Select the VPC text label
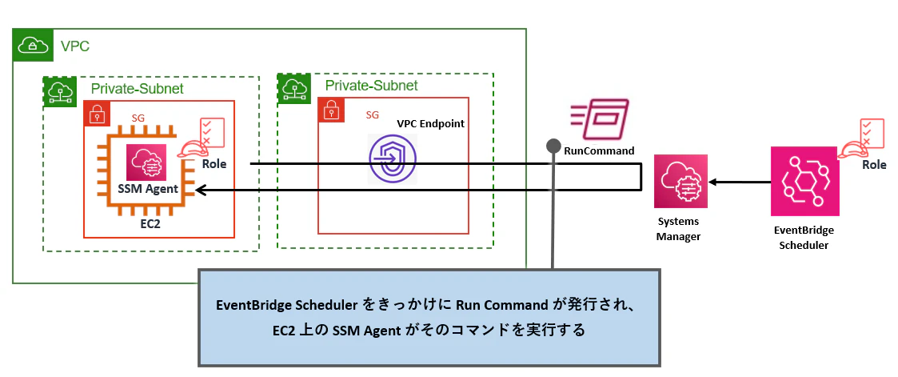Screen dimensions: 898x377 [x=75, y=46]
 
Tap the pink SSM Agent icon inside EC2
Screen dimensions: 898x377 [x=146, y=162]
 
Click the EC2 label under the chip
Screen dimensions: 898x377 [x=150, y=224]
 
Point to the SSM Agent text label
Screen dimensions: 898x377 [x=147, y=189]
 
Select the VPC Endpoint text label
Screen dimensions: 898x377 [x=431, y=124]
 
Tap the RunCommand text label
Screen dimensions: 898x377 [x=599, y=151]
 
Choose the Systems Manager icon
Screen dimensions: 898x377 [x=681, y=180]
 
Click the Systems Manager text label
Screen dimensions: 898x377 [x=678, y=229]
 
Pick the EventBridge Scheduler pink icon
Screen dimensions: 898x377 [x=804, y=181]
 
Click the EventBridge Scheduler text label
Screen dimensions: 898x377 [x=804, y=238]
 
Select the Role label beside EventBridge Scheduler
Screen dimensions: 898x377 [x=876, y=164]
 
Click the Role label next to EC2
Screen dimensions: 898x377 [x=214, y=164]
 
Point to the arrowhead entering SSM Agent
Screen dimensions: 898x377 [x=201, y=190]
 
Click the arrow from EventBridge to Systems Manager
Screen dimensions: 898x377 [x=740, y=182]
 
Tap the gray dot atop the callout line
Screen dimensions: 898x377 [x=553, y=146]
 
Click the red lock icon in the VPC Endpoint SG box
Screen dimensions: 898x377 [x=330, y=110]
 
